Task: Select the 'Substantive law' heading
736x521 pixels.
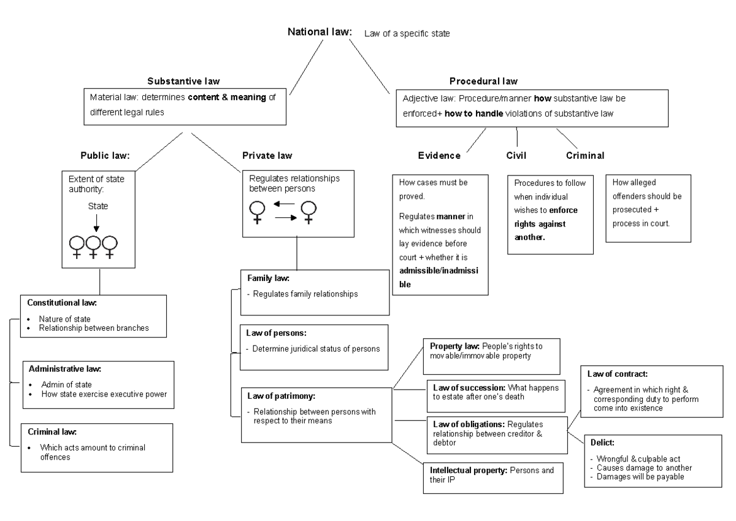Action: pos(183,81)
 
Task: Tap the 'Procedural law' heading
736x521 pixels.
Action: pos(483,81)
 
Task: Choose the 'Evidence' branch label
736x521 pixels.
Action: pos(439,156)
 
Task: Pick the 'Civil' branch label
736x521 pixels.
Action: pos(516,156)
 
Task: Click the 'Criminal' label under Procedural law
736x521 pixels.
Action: pos(585,156)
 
